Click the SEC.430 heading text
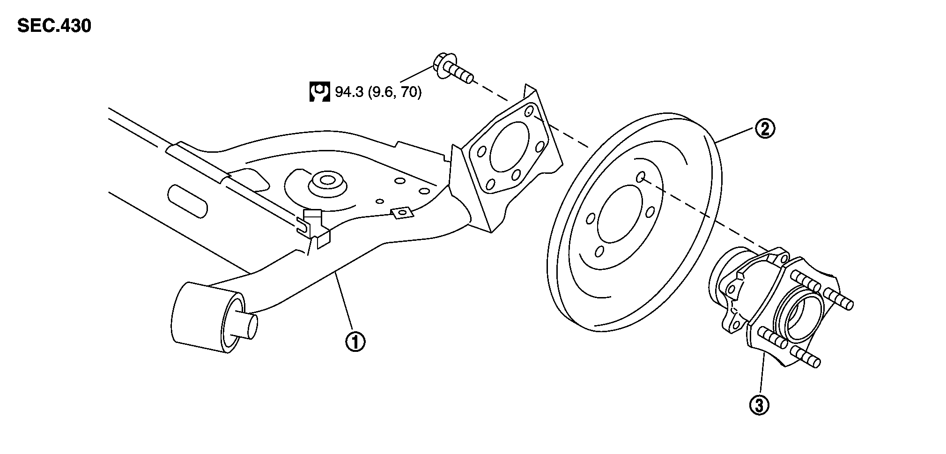pos(54,26)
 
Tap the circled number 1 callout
pos(355,342)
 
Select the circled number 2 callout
pos(764,128)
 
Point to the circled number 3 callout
pos(759,405)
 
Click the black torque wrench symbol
pos(319,92)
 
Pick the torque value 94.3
pos(348,92)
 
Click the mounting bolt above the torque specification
pos(451,70)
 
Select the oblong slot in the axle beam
pos(187,200)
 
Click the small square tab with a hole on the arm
pos(401,213)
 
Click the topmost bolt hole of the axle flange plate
pos(529,112)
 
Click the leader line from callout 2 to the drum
pos(736,135)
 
